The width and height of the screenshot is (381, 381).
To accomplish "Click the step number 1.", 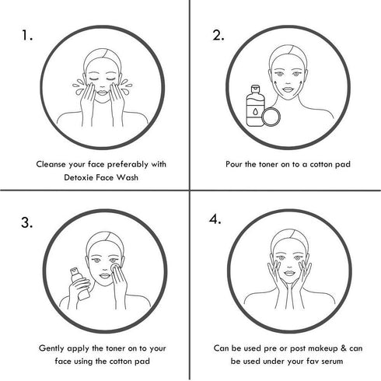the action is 26,35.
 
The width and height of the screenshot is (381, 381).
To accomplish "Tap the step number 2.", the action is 218,35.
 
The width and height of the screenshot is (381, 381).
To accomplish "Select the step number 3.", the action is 27,222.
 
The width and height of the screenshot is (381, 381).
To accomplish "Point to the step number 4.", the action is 215,219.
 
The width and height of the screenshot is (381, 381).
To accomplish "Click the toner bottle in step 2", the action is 255,106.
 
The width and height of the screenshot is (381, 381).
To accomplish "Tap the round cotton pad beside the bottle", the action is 271,117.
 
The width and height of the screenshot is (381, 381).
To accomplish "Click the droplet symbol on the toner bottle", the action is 256,112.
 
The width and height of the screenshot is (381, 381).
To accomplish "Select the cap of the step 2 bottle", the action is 255,89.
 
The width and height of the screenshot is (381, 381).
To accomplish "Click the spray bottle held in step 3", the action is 80,284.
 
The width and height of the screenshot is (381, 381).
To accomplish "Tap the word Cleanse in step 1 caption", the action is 51,164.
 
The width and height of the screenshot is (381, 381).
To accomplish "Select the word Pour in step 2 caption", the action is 234,164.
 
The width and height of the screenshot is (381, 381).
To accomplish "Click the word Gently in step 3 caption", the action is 52,348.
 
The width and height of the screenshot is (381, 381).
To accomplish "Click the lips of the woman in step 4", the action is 289,273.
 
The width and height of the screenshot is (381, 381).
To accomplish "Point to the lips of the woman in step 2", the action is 288,89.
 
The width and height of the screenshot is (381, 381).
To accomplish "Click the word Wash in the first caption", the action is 128,177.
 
